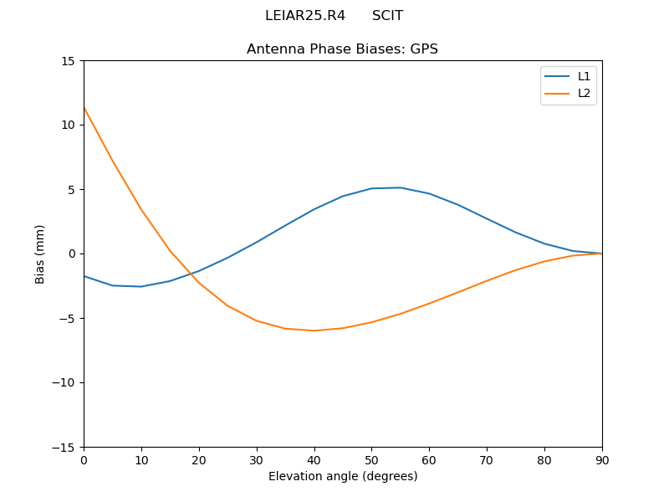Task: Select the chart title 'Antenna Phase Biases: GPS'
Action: pyautogui.click(x=342, y=49)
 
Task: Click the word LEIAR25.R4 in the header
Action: pyautogui.click(x=305, y=16)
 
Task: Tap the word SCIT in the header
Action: pyautogui.click(x=387, y=16)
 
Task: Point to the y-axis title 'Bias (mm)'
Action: pyautogui.click(x=40, y=254)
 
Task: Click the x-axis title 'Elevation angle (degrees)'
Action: pyautogui.click(x=343, y=476)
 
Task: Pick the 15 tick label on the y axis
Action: pyautogui.click(x=68, y=61)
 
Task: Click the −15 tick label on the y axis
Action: pyautogui.click(x=64, y=447)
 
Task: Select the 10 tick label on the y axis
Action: pyautogui.click(x=68, y=125)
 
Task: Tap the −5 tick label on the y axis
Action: pyautogui.click(x=67, y=318)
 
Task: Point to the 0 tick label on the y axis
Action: pyautogui.click(x=71, y=254)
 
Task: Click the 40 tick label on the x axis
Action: pyautogui.click(x=314, y=459)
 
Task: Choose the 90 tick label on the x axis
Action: pyautogui.click(x=602, y=459)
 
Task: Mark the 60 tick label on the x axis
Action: pyautogui.click(x=429, y=459)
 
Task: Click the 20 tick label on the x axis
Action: pyautogui.click(x=199, y=459)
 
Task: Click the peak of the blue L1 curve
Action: pyautogui.click(x=401, y=187)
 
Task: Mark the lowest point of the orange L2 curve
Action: pyautogui.click(x=314, y=330)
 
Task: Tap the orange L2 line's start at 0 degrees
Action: pyautogui.click(x=84, y=107)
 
